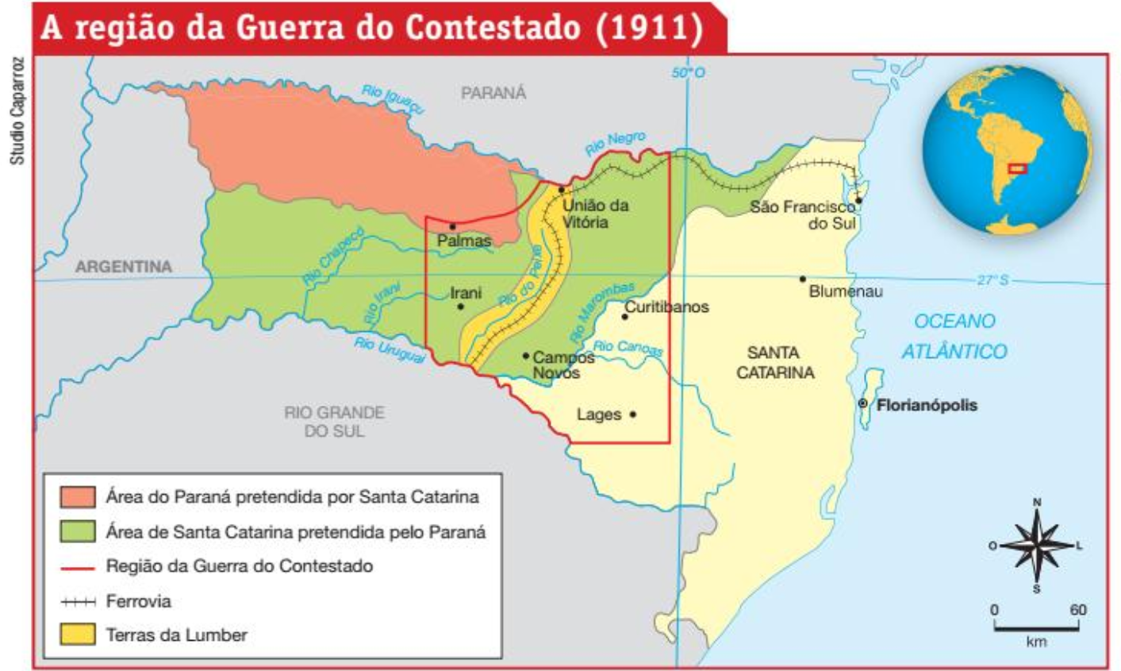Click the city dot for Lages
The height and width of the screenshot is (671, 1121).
point(633,414)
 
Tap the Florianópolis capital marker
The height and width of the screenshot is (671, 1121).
point(863,404)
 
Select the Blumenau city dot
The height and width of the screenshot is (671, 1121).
point(803,279)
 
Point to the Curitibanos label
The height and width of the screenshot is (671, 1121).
point(666,307)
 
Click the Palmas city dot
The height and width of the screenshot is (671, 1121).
point(453,226)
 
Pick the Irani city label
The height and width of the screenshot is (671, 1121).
point(466,292)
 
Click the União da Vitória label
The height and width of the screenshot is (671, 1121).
point(595,214)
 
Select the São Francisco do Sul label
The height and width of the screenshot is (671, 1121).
point(803,215)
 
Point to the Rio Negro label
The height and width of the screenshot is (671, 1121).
point(615,144)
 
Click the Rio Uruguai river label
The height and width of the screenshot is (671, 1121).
point(389,349)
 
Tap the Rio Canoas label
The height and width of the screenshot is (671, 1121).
point(628,348)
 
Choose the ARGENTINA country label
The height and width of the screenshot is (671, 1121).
point(123,267)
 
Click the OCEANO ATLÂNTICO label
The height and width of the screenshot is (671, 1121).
point(954,336)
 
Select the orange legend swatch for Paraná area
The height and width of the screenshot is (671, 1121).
point(77,497)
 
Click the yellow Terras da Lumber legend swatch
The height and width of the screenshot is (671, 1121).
point(77,634)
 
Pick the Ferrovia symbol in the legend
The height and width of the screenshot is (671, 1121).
point(77,602)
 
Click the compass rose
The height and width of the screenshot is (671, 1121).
point(1036,546)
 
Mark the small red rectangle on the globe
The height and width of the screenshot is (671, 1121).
point(1016,168)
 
